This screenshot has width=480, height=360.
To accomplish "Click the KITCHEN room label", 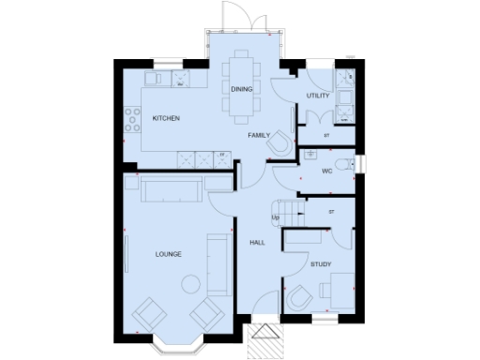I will click(x=166, y=118).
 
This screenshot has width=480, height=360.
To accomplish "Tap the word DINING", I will click(x=240, y=89).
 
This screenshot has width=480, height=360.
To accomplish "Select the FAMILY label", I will click(x=259, y=136).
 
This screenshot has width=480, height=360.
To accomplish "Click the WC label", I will click(x=327, y=172).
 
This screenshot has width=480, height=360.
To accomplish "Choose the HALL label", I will click(x=257, y=243).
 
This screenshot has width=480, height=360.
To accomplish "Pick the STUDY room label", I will click(x=322, y=264).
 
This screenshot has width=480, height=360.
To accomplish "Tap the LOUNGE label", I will click(x=169, y=254).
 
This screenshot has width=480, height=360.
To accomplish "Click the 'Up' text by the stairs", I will click(x=276, y=219).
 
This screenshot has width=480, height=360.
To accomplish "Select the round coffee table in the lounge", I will click(x=190, y=282).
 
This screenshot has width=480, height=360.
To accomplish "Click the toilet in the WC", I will click(x=348, y=165).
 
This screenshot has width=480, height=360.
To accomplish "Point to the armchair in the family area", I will click(x=279, y=143).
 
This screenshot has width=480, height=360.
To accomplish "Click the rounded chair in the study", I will click(x=298, y=297).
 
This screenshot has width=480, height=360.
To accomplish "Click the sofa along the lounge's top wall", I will click(x=171, y=191).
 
